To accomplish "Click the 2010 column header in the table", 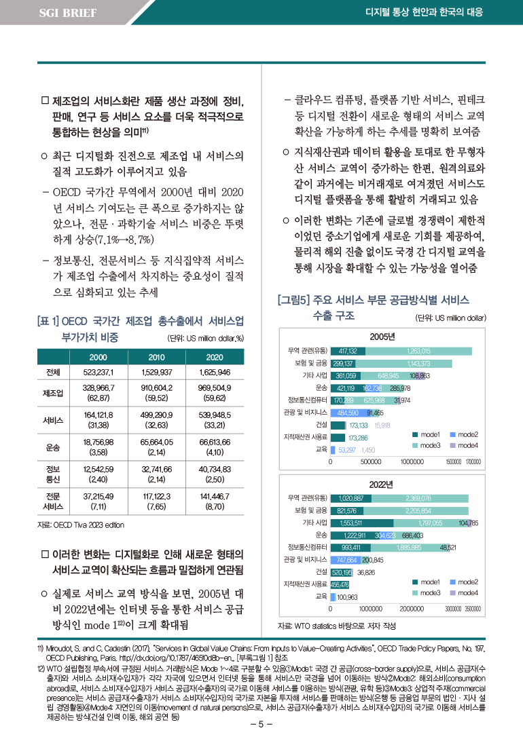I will (156, 358).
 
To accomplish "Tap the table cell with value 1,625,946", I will (215, 373).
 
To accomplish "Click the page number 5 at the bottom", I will (261, 723).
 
